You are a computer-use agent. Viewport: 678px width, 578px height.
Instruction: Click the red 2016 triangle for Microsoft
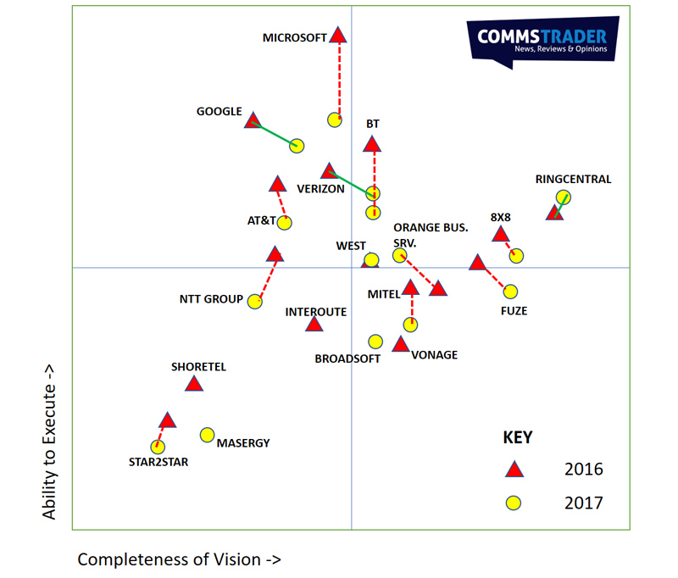[x=338, y=36]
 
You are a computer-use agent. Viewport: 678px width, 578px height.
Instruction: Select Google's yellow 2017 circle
[x=297, y=146]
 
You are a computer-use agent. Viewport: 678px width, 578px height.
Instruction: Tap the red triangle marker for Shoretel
[x=194, y=385]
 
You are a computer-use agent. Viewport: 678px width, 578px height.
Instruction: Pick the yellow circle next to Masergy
[x=207, y=435]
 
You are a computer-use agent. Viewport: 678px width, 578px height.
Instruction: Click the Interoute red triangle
[x=314, y=325]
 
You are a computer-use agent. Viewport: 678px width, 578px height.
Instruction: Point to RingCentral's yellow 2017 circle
[x=563, y=197]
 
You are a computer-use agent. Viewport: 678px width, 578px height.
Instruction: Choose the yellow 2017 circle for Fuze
[x=510, y=292]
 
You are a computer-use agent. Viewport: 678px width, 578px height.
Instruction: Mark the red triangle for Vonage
[x=401, y=344]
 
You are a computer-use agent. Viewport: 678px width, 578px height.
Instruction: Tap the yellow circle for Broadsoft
[x=375, y=342]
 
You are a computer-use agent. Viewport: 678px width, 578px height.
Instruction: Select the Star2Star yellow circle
[x=157, y=447]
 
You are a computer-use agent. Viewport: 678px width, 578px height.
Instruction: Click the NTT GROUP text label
[x=211, y=299]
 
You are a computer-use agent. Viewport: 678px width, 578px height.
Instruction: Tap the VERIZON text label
[x=320, y=189]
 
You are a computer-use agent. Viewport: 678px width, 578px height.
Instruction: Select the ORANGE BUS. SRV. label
[x=431, y=234]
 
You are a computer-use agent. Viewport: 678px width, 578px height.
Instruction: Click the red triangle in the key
[x=513, y=470]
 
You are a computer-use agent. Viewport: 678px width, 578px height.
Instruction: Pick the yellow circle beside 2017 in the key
[x=513, y=503]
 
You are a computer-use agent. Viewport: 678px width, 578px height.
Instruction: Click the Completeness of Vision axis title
[x=179, y=559]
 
